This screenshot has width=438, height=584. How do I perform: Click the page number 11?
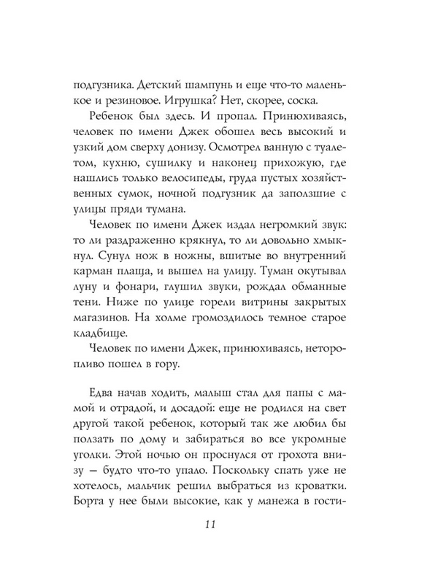(x=218, y=527)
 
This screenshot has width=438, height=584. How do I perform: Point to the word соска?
(x=338, y=101)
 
